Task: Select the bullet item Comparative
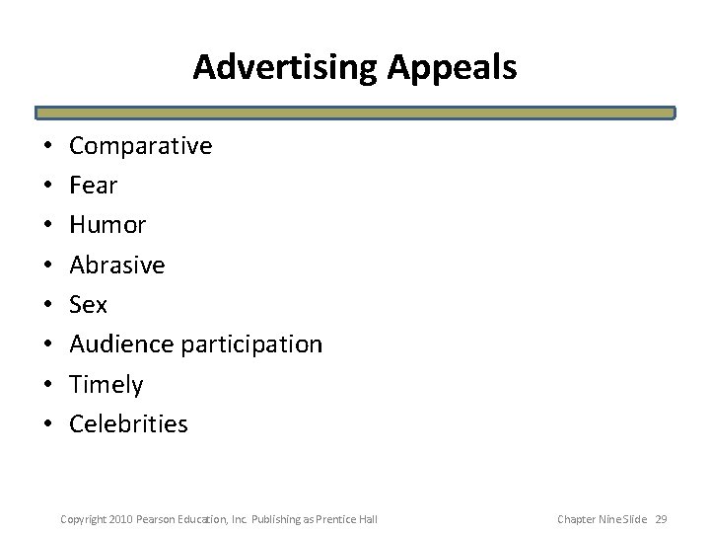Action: point(140,146)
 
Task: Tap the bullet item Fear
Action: point(94,186)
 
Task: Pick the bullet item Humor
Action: point(107,225)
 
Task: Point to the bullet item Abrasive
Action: point(117,265)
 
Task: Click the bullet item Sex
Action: point(89,305)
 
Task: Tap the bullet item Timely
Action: point(106,384)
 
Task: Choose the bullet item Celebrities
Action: point(128,423)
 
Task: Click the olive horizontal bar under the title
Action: point(355,114)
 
